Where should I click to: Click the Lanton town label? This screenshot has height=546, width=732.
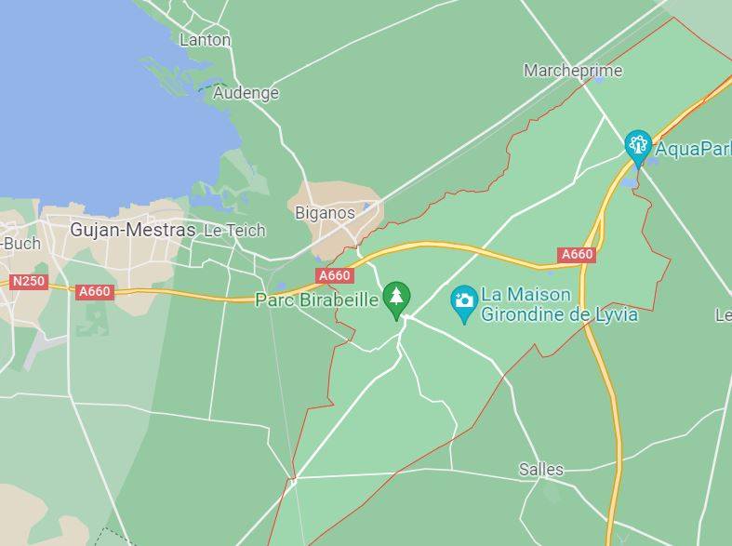[x=205, y=40]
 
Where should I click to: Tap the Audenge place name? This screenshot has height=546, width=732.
[x=246, y=93]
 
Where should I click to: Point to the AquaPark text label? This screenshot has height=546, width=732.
[x=693, y=148]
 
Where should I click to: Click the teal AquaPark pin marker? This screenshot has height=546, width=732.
[x=637, y=145]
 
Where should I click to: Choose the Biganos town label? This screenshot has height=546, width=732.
[x=325, y=213]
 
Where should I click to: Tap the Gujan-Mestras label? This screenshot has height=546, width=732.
[x=133, y=230]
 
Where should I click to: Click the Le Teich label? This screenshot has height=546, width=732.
[x=234, y=230]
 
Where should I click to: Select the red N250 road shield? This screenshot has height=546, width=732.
[x=29, y=280]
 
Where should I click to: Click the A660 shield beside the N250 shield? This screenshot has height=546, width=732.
[x=94, y=291]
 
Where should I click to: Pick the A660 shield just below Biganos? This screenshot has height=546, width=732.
[x=335, y=275]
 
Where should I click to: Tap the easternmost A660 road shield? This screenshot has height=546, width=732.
[x=577, y=254]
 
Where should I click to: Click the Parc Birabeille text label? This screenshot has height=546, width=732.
[x=316, y=300]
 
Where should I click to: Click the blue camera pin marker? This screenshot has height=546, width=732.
[x=463, y=301]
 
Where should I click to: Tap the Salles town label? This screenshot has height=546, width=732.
[x=540, y=469]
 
